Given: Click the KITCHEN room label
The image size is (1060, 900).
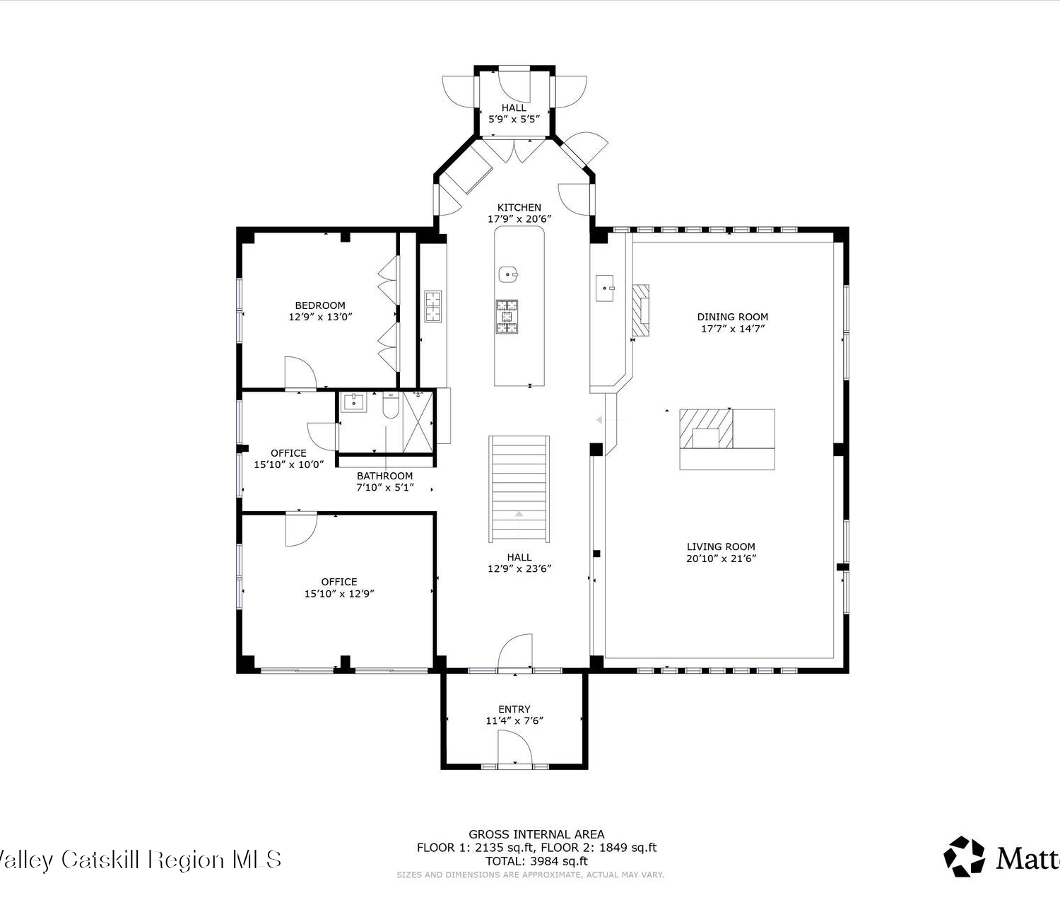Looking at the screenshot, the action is [519, 207].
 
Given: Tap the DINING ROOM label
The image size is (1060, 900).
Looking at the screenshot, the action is [732, 317].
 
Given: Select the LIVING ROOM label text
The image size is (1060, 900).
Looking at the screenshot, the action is [721, 547].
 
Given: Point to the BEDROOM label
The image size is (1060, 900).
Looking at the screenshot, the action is [320, 305].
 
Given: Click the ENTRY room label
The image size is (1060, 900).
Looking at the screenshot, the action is [514, 709].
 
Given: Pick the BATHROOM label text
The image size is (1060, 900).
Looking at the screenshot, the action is [384, 476].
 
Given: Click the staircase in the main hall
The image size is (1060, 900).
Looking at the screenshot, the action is [519, 489].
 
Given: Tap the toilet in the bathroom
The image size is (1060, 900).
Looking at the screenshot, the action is [390, 405].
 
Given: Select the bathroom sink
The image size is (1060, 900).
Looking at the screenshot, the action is [354, 402].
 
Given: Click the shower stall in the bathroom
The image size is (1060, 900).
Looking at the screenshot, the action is [418, 422].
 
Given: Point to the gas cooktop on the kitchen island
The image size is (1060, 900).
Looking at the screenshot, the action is [507, 317].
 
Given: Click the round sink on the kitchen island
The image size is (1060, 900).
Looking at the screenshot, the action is [507, 274].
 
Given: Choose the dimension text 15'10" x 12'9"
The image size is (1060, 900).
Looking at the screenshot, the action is [339, 594].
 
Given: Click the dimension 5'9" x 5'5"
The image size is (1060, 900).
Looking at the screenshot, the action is [514, 119].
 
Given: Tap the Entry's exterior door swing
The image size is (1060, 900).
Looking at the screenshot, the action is [514, 748].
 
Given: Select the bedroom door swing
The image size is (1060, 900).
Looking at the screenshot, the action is [300, 373].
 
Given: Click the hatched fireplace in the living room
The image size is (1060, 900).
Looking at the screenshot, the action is [706, 428].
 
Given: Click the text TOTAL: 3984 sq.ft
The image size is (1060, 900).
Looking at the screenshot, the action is [536, 861].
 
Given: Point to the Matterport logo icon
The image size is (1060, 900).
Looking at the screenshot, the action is [965, 856].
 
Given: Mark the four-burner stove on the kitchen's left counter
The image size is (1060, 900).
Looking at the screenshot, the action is [432, 306].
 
